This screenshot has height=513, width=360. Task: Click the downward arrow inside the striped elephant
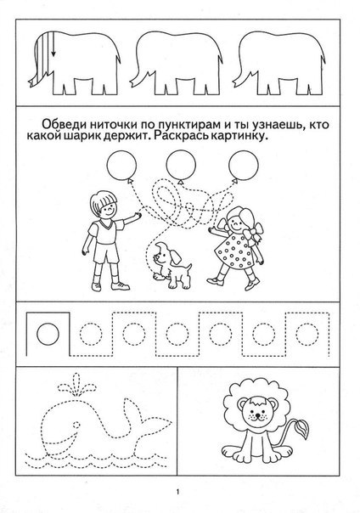[53, 44]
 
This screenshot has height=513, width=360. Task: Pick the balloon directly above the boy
[121, 166]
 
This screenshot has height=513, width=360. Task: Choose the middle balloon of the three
[181, 166]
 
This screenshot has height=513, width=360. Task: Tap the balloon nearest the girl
[244, 166]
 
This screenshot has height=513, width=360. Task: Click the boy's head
[104, 204]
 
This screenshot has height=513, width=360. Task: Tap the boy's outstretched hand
[138, 216]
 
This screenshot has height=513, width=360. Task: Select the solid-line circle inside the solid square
[48, 334]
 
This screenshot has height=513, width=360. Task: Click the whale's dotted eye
[76, 425]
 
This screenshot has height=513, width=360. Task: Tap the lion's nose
[258, 414]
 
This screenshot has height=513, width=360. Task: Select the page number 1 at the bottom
[177, 492]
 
